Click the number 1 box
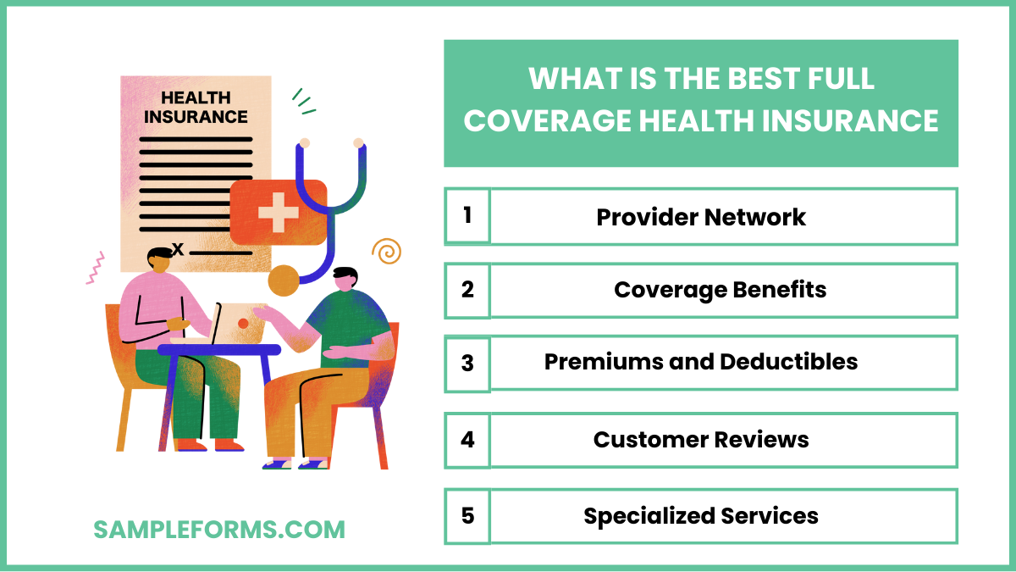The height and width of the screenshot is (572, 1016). [x=467, y=215]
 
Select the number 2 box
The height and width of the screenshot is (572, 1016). [x=467, y=290]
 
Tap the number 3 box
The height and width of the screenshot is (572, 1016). [x=467, y=364]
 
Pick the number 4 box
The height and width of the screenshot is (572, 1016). [x=467, y=440]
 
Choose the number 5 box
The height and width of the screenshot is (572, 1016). [x=467, y=515]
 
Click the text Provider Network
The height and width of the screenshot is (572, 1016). [x=701, y=217]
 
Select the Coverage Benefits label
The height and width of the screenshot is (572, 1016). [x=720, y=290]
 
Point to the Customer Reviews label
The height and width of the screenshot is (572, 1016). [x=701, y=440]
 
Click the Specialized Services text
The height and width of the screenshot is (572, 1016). [x=701, y=515]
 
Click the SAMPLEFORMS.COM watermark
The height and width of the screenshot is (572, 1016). [x=219, y=530]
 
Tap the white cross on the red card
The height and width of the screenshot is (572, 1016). [x=278, y=212]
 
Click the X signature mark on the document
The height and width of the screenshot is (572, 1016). [x=178, y=248]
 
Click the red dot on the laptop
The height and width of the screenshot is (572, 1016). [x=243, y=323]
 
